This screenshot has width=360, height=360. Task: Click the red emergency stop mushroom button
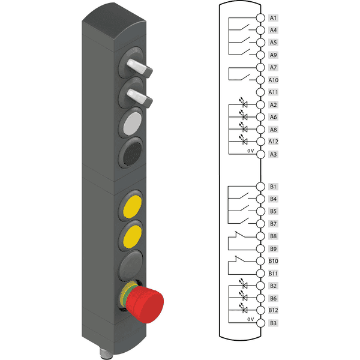[144, 304]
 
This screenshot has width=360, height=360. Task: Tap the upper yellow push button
[132, 206]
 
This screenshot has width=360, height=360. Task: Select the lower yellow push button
[132, 236]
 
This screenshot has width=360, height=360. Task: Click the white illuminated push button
[133, 124]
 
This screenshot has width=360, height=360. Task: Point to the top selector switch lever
[140, 68]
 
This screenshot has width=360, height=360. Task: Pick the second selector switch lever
[140, 98]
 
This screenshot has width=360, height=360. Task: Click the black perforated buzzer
[133, 153]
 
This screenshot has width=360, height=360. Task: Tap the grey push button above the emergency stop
[131, 265]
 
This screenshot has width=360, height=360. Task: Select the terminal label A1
[273, 18]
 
